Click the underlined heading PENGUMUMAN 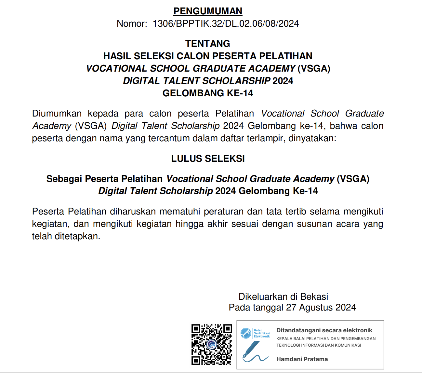tap(208, 11)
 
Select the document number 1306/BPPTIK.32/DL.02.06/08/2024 tap(226, 23)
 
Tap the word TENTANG tap(208, 44)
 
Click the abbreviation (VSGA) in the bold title tap(314, 68)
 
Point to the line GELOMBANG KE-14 tap(208, 93)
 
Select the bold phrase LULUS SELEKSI tap(208, 159)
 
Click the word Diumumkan tap(57, 113)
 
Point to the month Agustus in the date tap(316, 308)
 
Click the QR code tap(212, 344)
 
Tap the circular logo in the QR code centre tap(212, 344)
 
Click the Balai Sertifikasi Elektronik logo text tap(262, 333)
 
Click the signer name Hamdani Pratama tap(302, 359)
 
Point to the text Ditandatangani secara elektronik tap(324, 330)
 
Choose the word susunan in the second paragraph tap(312, 224)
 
